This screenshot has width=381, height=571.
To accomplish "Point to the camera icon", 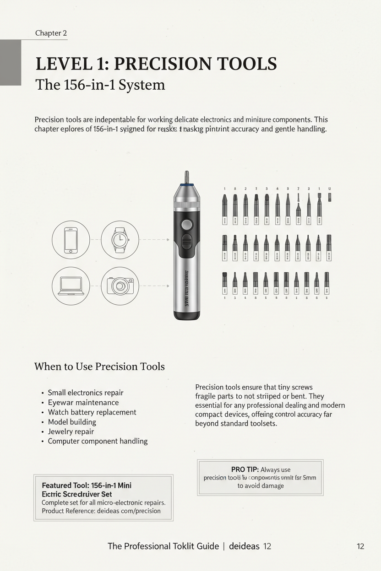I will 119,285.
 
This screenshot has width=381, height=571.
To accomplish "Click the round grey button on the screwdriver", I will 186,225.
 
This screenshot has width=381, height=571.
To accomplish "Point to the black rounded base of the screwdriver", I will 187,315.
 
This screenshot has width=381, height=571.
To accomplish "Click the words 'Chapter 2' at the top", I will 51,33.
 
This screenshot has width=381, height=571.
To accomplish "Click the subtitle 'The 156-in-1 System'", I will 100,85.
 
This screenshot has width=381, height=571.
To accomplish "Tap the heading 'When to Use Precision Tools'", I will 99,366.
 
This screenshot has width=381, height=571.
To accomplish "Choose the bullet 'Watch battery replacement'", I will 92,412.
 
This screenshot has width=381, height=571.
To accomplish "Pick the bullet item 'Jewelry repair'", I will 71,431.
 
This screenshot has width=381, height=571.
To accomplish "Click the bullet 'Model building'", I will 72,422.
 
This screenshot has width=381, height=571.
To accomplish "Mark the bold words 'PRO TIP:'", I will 245,469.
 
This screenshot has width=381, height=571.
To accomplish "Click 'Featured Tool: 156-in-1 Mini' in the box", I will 87,485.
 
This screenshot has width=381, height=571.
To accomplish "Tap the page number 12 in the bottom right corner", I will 360,546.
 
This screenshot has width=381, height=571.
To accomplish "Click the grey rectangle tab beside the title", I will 10,62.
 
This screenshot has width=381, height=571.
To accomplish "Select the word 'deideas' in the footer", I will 244,546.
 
